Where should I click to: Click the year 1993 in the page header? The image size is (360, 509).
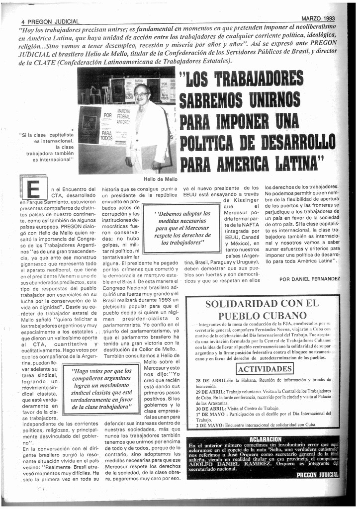[327, 18]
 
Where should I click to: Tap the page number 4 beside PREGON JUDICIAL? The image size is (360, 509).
[23, 22]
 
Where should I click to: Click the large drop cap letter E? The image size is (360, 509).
[33, 189]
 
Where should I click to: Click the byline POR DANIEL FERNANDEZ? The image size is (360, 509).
[309, 279]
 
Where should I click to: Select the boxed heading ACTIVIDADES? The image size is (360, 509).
[265, 369]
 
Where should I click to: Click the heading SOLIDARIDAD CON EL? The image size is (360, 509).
[262, 304]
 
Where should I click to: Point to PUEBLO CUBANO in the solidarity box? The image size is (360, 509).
[262, 316]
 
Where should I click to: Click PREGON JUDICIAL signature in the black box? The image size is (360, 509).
[317, 475]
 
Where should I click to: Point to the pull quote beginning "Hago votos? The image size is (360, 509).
[101, 389]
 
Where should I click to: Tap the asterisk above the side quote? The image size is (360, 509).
[72, 130]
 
